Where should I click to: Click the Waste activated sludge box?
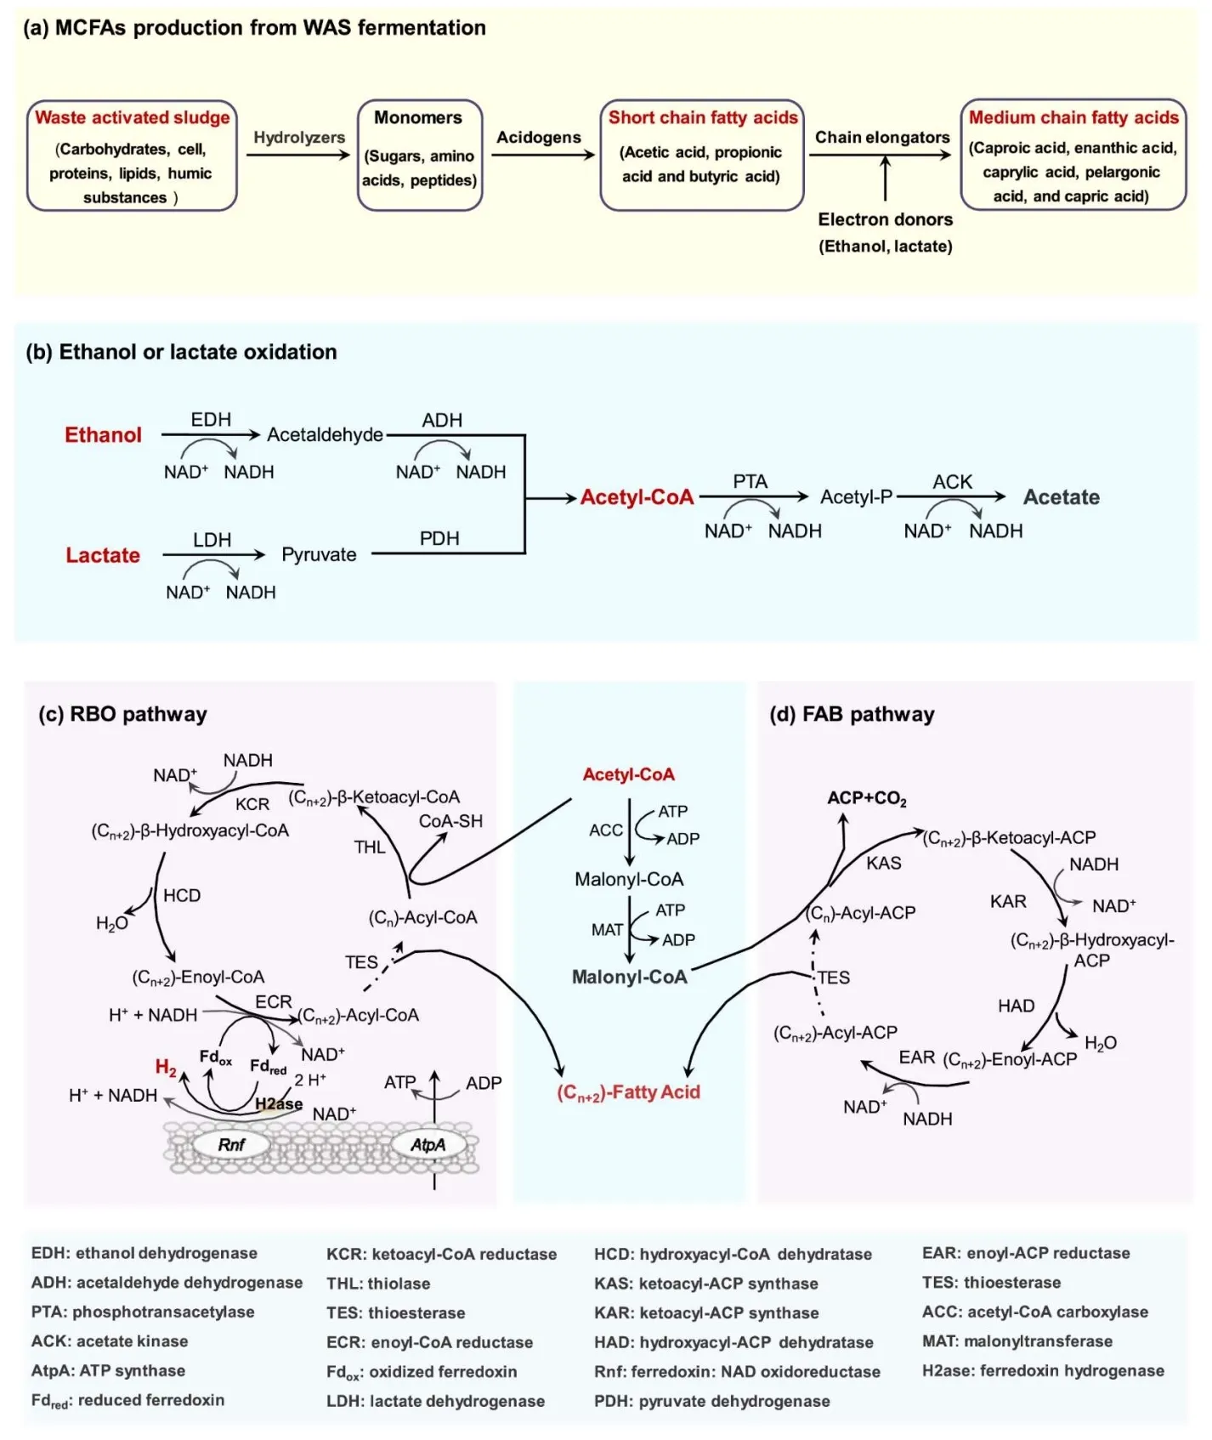132,156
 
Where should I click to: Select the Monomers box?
419,155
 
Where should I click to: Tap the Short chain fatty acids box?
702,155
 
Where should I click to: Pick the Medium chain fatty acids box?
1073,155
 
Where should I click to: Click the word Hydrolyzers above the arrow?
299,138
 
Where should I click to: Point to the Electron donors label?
885,220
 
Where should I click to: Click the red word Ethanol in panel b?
103,435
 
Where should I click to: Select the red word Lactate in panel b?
103,556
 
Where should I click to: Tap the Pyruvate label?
319,555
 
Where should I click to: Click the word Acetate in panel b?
1061,497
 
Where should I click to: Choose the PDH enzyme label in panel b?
439,539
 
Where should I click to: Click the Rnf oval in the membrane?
230,1145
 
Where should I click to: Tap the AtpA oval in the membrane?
428,1145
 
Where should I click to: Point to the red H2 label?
166,1068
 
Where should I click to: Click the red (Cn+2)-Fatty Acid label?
628,1093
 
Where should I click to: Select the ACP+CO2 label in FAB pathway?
867,799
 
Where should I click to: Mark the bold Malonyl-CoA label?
629,978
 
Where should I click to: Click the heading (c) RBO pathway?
122,714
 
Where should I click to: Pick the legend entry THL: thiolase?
378,1284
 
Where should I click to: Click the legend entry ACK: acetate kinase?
110,1341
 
